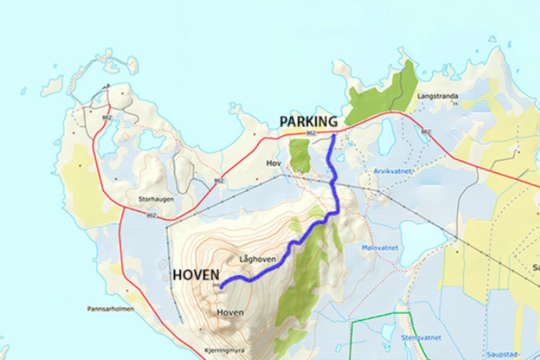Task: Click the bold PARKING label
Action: pos(308,121)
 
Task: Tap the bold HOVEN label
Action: pos(196,275)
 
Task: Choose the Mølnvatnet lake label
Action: pos(380,248)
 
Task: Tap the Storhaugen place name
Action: pos(156,199)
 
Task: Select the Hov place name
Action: pos(273,163)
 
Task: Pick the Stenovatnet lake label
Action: pos(421,337)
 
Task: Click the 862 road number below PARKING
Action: pos(310,133)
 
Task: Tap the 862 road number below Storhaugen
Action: pos(152,216)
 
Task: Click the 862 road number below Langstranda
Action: pos(426,132)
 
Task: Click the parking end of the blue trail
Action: pos(333,135)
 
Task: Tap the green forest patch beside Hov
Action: pos(300,155)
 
